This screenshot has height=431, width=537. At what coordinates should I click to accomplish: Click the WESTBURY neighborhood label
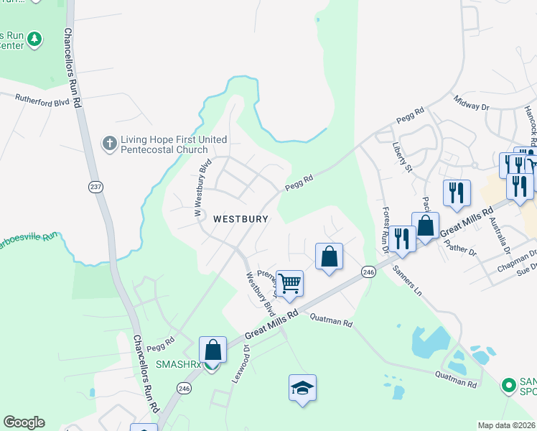click(241, 218)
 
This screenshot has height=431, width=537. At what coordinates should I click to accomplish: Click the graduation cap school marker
click(302, 388)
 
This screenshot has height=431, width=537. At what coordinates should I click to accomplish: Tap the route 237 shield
click(95, 187)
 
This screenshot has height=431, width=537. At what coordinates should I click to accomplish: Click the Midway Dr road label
click(470, 102)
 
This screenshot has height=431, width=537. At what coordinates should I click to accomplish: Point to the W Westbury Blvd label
click(202, 187)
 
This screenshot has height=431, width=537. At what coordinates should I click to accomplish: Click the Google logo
click(24, 422)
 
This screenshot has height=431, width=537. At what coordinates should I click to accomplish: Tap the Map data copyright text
click(507, 425)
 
